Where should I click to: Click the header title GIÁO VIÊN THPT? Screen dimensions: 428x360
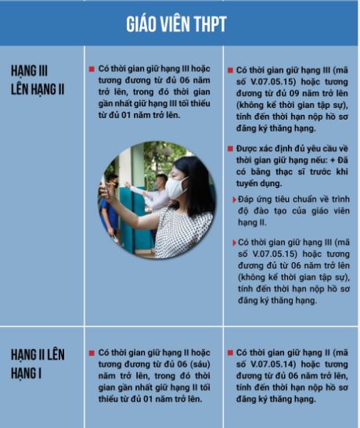click(x=176, y=23)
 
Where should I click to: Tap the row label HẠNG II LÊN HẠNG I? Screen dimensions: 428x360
click(x=38, y=364)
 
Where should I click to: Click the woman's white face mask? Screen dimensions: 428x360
click(x=177, y=187)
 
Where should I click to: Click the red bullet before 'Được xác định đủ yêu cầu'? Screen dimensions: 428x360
click(x=229, y=148)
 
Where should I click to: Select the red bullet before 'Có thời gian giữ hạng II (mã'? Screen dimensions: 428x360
click(x=229, y=353)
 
